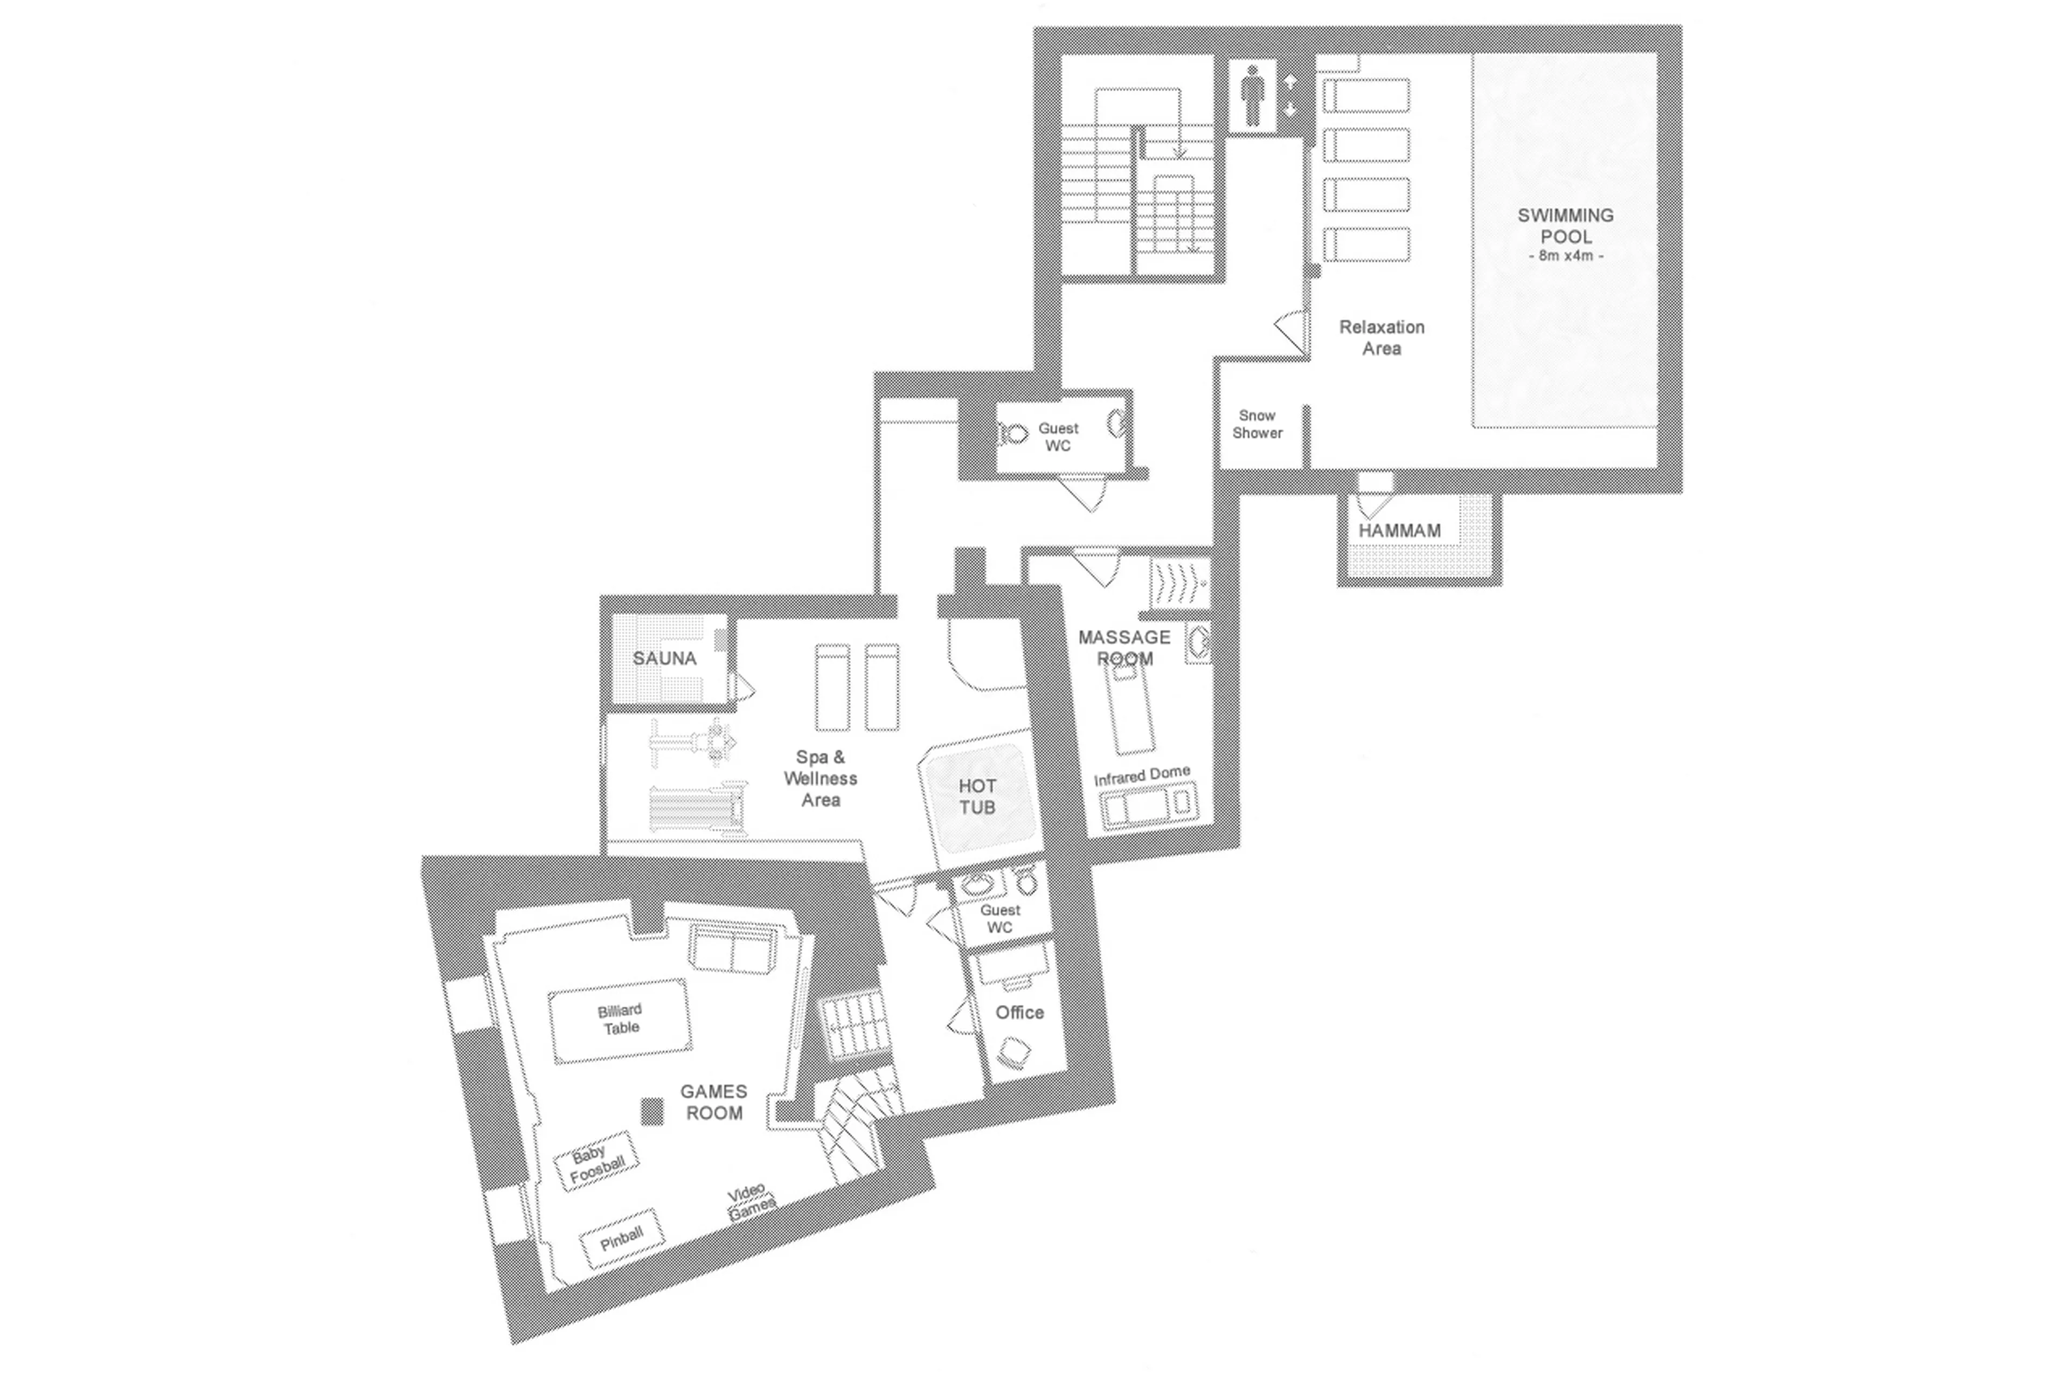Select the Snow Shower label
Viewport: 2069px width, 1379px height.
pyautogui.click(x=1256, y=424)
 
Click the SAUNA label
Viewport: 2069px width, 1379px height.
pyautogui.click(x=664, y=659)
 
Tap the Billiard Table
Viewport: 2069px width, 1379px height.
pyautogui.click(x=620, y=1020)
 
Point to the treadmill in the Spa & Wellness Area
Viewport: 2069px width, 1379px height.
pyautogui.click(x=695, y=807)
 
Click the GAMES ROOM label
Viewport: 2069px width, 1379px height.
pyautogui.click(x=713, y=1102)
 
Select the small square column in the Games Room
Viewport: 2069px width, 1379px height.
pyautogui.click(x=651, y=1112)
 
